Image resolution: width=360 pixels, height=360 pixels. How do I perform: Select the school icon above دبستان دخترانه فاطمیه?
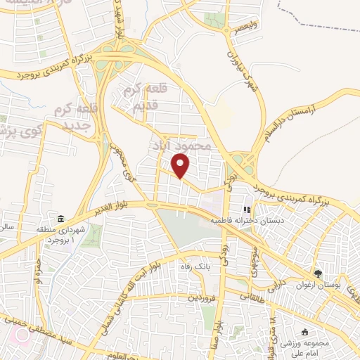click(x=247, y=209)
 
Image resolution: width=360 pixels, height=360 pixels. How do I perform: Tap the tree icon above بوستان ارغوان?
click(x=318, y=274)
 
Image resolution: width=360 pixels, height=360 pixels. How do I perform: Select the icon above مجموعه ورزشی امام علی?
click(x=304, y=331)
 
